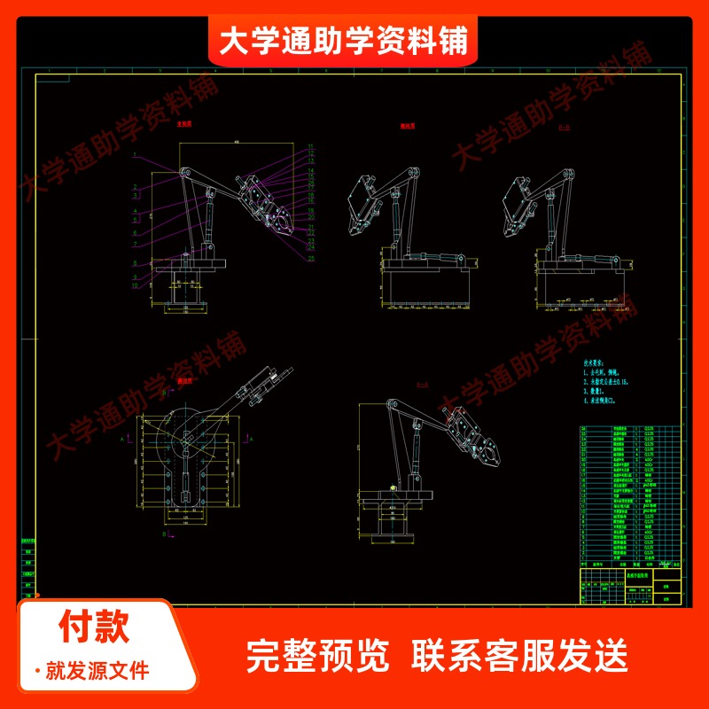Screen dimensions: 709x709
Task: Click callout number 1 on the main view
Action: coord(134,154)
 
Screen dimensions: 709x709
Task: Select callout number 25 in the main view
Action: coord(313,259)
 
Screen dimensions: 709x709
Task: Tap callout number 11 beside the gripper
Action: coord(312,144)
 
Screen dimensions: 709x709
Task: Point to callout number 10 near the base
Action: coord(134,286)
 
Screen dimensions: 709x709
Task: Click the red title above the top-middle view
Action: coord(409,126)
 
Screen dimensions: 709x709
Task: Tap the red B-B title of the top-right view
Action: coord(539,127)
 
